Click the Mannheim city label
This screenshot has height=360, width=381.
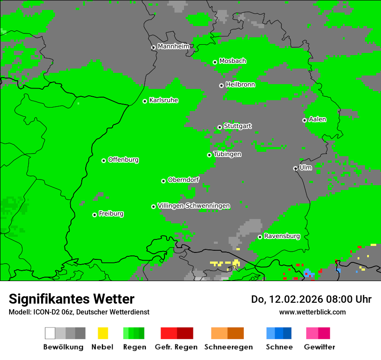(x=174, y=46)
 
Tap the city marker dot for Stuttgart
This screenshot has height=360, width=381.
(x=220, y=127)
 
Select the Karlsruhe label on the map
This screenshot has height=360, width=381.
(x=164, y=100)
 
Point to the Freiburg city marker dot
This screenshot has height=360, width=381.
(x=94, y=215)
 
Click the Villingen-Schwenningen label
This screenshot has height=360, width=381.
(x=194, y=206)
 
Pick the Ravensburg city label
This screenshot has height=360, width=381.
(x=282, y=236)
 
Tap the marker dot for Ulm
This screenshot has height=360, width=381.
(x=295, y=168)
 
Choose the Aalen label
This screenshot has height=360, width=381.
(x=317, y=119)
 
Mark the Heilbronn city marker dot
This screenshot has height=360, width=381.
(x=221, y=85)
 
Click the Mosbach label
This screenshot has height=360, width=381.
(x=232, y=61)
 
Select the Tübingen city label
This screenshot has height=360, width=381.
(x=227, y=154)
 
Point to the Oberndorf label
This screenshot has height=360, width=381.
(x=183, y=180)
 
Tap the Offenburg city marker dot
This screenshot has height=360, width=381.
(x=103, y=160)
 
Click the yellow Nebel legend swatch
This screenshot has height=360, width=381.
(x=103, y=333)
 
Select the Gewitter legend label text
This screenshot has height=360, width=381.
(x=320, y=347)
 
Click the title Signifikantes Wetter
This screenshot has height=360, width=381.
(x=71, y=299)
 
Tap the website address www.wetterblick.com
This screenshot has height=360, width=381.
(x=312, y=312)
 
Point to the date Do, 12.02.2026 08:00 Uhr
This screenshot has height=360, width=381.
(x=311, y=299)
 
